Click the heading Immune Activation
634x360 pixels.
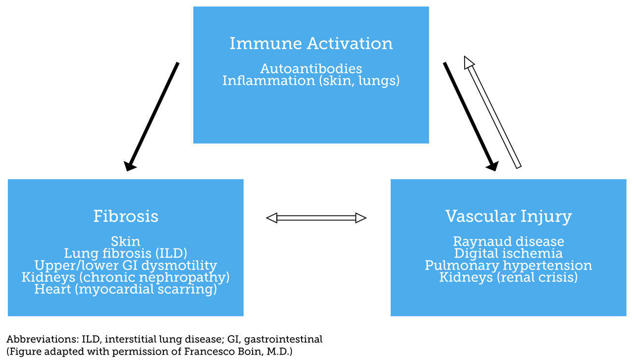[311, 44]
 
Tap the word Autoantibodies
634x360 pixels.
[311, 69]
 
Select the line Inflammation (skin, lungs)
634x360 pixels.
[311, 81]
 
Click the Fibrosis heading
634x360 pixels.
[126, 216]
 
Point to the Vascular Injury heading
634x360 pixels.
[509, 217]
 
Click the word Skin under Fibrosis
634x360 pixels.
[126, 242]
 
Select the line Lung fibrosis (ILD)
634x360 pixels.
[126, 254]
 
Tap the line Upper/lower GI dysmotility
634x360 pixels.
[126, 266]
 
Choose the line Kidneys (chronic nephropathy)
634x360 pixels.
[126, 277]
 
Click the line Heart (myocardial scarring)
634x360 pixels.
[126, 290]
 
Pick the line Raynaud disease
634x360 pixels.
[509, 242]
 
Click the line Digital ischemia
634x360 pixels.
[509, 254]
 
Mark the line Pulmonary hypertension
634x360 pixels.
[509, 266]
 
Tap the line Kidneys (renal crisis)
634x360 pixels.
[509, 277]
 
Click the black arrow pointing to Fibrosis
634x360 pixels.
[152, 116]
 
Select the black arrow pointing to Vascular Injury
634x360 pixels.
[471, 116]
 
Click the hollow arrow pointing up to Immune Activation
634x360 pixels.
[492, 112]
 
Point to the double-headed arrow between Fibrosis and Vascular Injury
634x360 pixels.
[316, 218]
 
